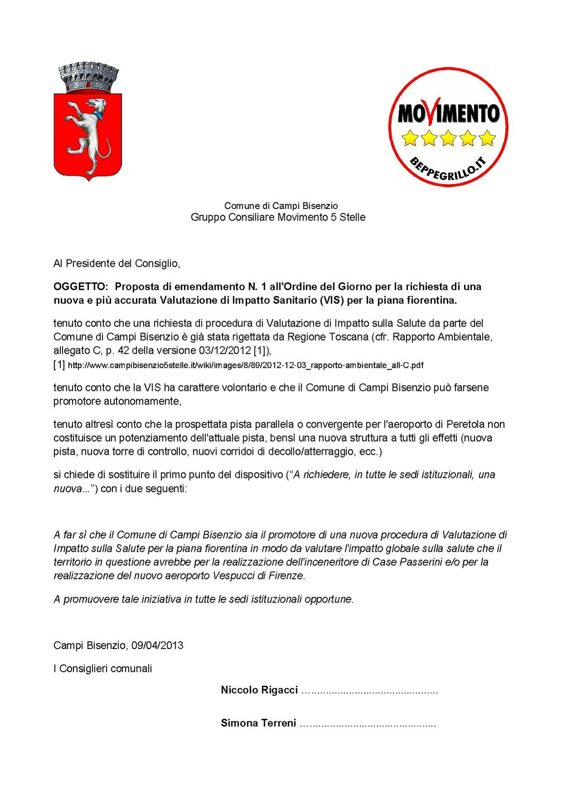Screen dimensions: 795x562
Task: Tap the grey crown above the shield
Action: tap(88, 78)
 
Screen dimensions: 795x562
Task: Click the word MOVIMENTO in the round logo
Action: tap(449, 113)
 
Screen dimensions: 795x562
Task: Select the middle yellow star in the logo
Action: tap(448, 138)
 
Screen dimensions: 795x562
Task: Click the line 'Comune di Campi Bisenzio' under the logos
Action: tap(281, 206)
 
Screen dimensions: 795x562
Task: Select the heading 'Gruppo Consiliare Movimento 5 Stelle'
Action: tap(278, 217)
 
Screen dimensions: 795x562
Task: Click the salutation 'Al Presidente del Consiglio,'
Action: tap(117, 263)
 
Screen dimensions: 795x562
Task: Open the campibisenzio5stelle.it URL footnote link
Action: tap(245, 365)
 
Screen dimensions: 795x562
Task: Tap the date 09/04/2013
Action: tap(157, 645)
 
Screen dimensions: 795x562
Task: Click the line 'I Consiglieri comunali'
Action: tap(103, 668)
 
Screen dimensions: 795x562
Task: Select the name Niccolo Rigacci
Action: tap(259, 690)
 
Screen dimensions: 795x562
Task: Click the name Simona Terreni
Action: tap(258, 723)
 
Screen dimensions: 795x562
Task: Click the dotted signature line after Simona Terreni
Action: tap(368, 724)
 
